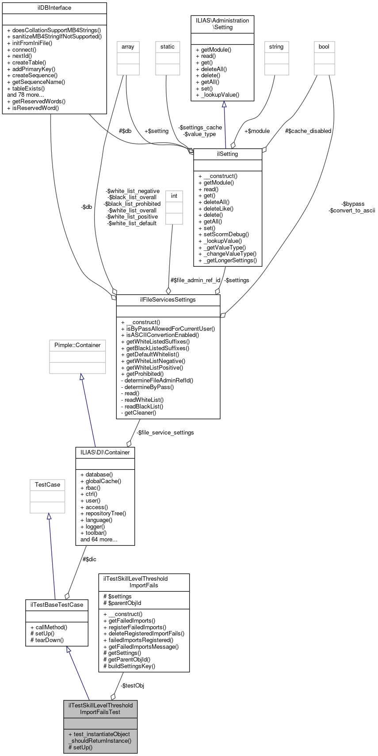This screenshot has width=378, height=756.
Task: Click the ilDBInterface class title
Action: pos(54,8)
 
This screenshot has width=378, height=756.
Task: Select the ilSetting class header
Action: pos(228,154)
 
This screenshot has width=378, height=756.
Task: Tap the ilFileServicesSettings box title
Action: pos(168,299)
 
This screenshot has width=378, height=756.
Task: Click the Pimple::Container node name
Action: pos(77,345)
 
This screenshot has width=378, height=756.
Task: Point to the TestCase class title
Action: pos(47,484)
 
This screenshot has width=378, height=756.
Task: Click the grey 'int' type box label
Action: pos(174,196)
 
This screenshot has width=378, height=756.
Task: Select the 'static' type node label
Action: pos(168,46)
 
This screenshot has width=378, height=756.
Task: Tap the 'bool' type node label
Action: pos(324,46)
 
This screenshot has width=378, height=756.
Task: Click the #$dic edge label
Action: pos(89,559)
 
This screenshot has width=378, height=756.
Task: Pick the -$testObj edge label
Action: pos(133,685)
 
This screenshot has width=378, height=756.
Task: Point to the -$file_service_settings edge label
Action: pos(165,432)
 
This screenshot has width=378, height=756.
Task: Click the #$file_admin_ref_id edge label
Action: pos(195,280)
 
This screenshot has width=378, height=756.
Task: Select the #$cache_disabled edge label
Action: pos(308,131)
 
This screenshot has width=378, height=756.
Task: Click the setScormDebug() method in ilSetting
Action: pos(224,234)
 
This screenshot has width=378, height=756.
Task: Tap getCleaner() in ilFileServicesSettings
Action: pos(138,412)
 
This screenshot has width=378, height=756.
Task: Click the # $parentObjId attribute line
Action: pos(122,602)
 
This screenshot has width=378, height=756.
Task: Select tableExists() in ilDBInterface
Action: pos(26,88)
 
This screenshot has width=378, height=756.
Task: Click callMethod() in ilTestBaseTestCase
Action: pos(49,627)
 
